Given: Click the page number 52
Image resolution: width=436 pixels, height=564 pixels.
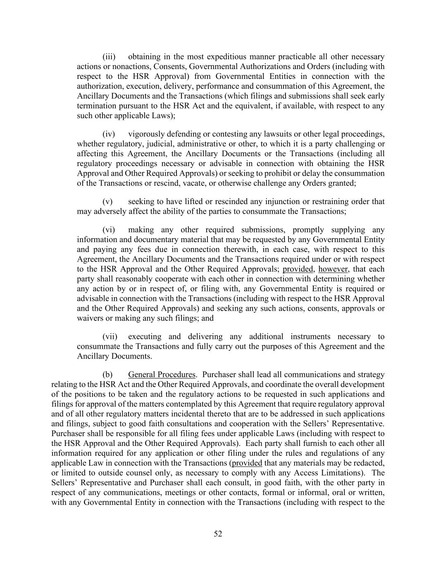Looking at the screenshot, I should coord(218,534).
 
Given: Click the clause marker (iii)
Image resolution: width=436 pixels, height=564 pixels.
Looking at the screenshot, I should coord(109,57).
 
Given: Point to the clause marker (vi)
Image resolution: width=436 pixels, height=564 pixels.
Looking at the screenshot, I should coord(109,230).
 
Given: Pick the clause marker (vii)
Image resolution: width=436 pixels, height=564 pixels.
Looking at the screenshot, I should coord(110,337).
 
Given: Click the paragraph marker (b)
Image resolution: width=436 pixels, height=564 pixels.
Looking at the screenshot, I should coord(107,375).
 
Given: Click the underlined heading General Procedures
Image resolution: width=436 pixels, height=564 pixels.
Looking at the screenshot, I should coord(162,375).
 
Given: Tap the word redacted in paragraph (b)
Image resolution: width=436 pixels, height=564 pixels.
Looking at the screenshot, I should coord(369,463).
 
